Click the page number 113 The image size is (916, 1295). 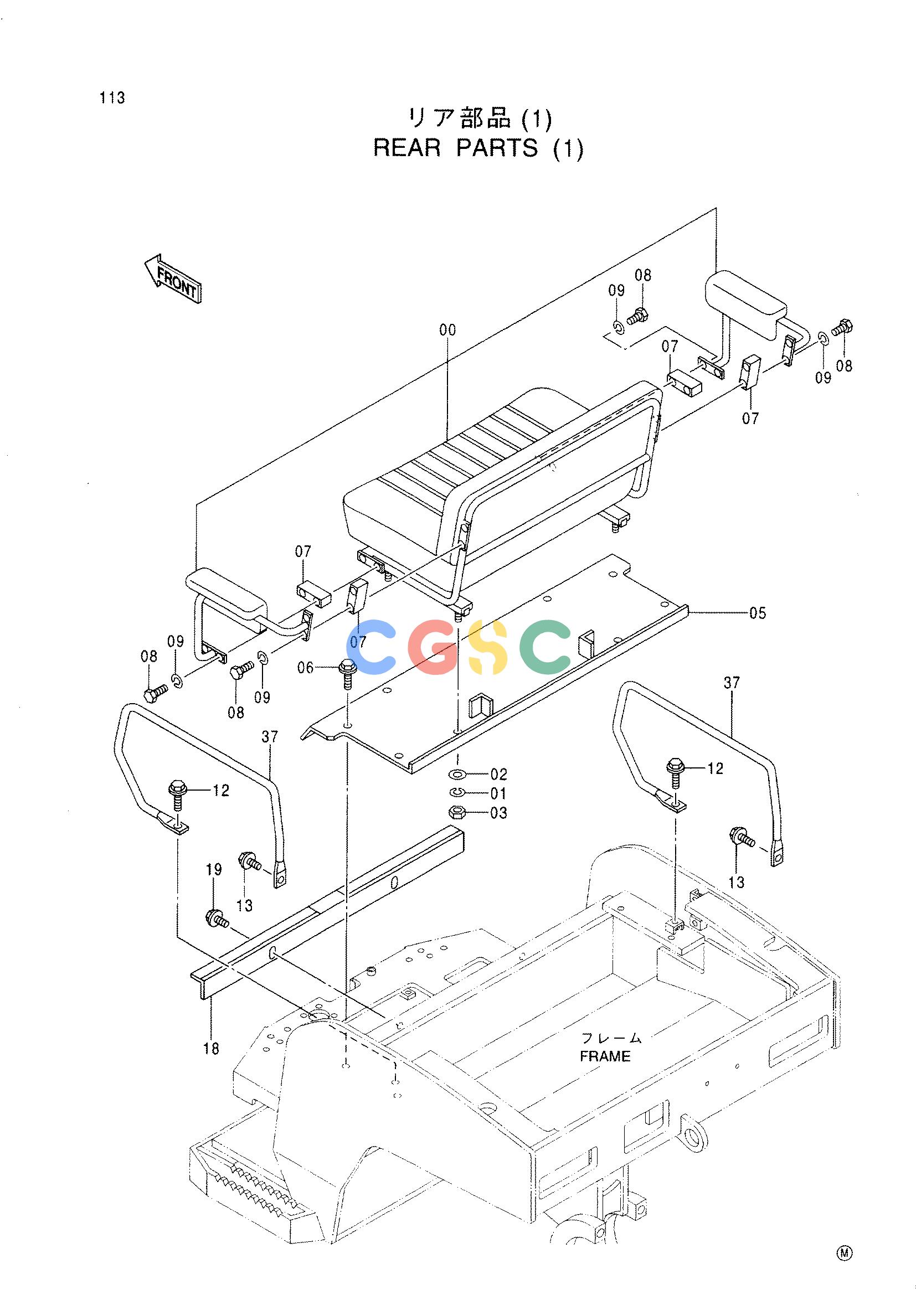(x=112, y=98)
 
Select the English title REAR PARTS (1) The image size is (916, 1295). (x=478, y=148)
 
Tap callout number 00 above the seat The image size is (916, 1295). (x=447, y=329)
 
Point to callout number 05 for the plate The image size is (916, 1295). (x=758, y=612)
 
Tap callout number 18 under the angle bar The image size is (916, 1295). (x=211, y=1049)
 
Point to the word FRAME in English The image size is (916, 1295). (x=605, y=1056)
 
